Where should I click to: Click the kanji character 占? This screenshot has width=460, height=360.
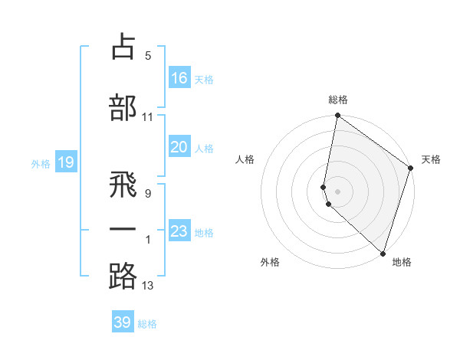[x=123, y=47]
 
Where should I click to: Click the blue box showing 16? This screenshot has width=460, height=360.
[x=179, y=78]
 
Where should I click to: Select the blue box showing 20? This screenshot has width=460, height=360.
[x=179, y=147]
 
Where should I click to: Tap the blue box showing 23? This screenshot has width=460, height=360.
[x=179, y=231]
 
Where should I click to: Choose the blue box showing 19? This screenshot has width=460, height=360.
[x=66, y=162]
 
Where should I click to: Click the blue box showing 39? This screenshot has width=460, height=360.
[x=123, y=322]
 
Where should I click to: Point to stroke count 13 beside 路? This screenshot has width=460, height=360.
[x=148, y=286]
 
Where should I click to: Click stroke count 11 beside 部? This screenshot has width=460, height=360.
[x=148, y=117]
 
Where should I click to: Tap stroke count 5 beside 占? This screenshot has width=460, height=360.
[x=148, y=55]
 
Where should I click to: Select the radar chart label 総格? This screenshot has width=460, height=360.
[x=338, y=100]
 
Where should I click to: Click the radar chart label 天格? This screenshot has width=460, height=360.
[x=431, y=159]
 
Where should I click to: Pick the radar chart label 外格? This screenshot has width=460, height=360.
[x=270, y=262]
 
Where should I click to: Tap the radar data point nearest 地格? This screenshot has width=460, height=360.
[x=383, y=254]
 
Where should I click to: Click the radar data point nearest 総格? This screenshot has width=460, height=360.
[x=337, y=116]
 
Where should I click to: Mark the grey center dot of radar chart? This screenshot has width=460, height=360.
[x=337, y=191]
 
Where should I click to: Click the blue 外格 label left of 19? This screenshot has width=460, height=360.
[x=40, y=163]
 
